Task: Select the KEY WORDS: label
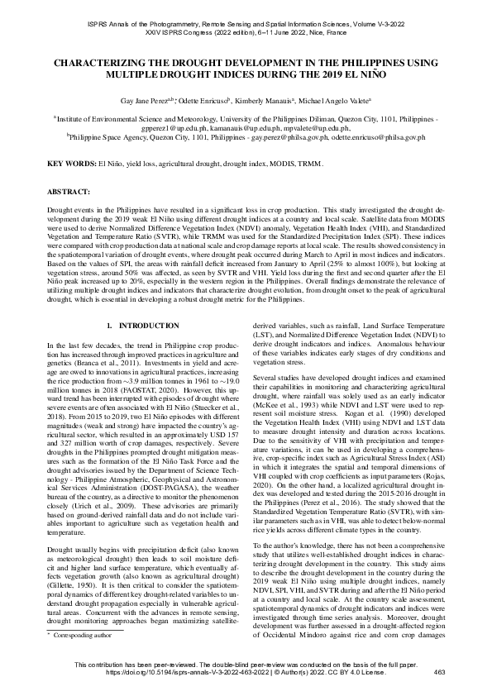click(x=71, y=164)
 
